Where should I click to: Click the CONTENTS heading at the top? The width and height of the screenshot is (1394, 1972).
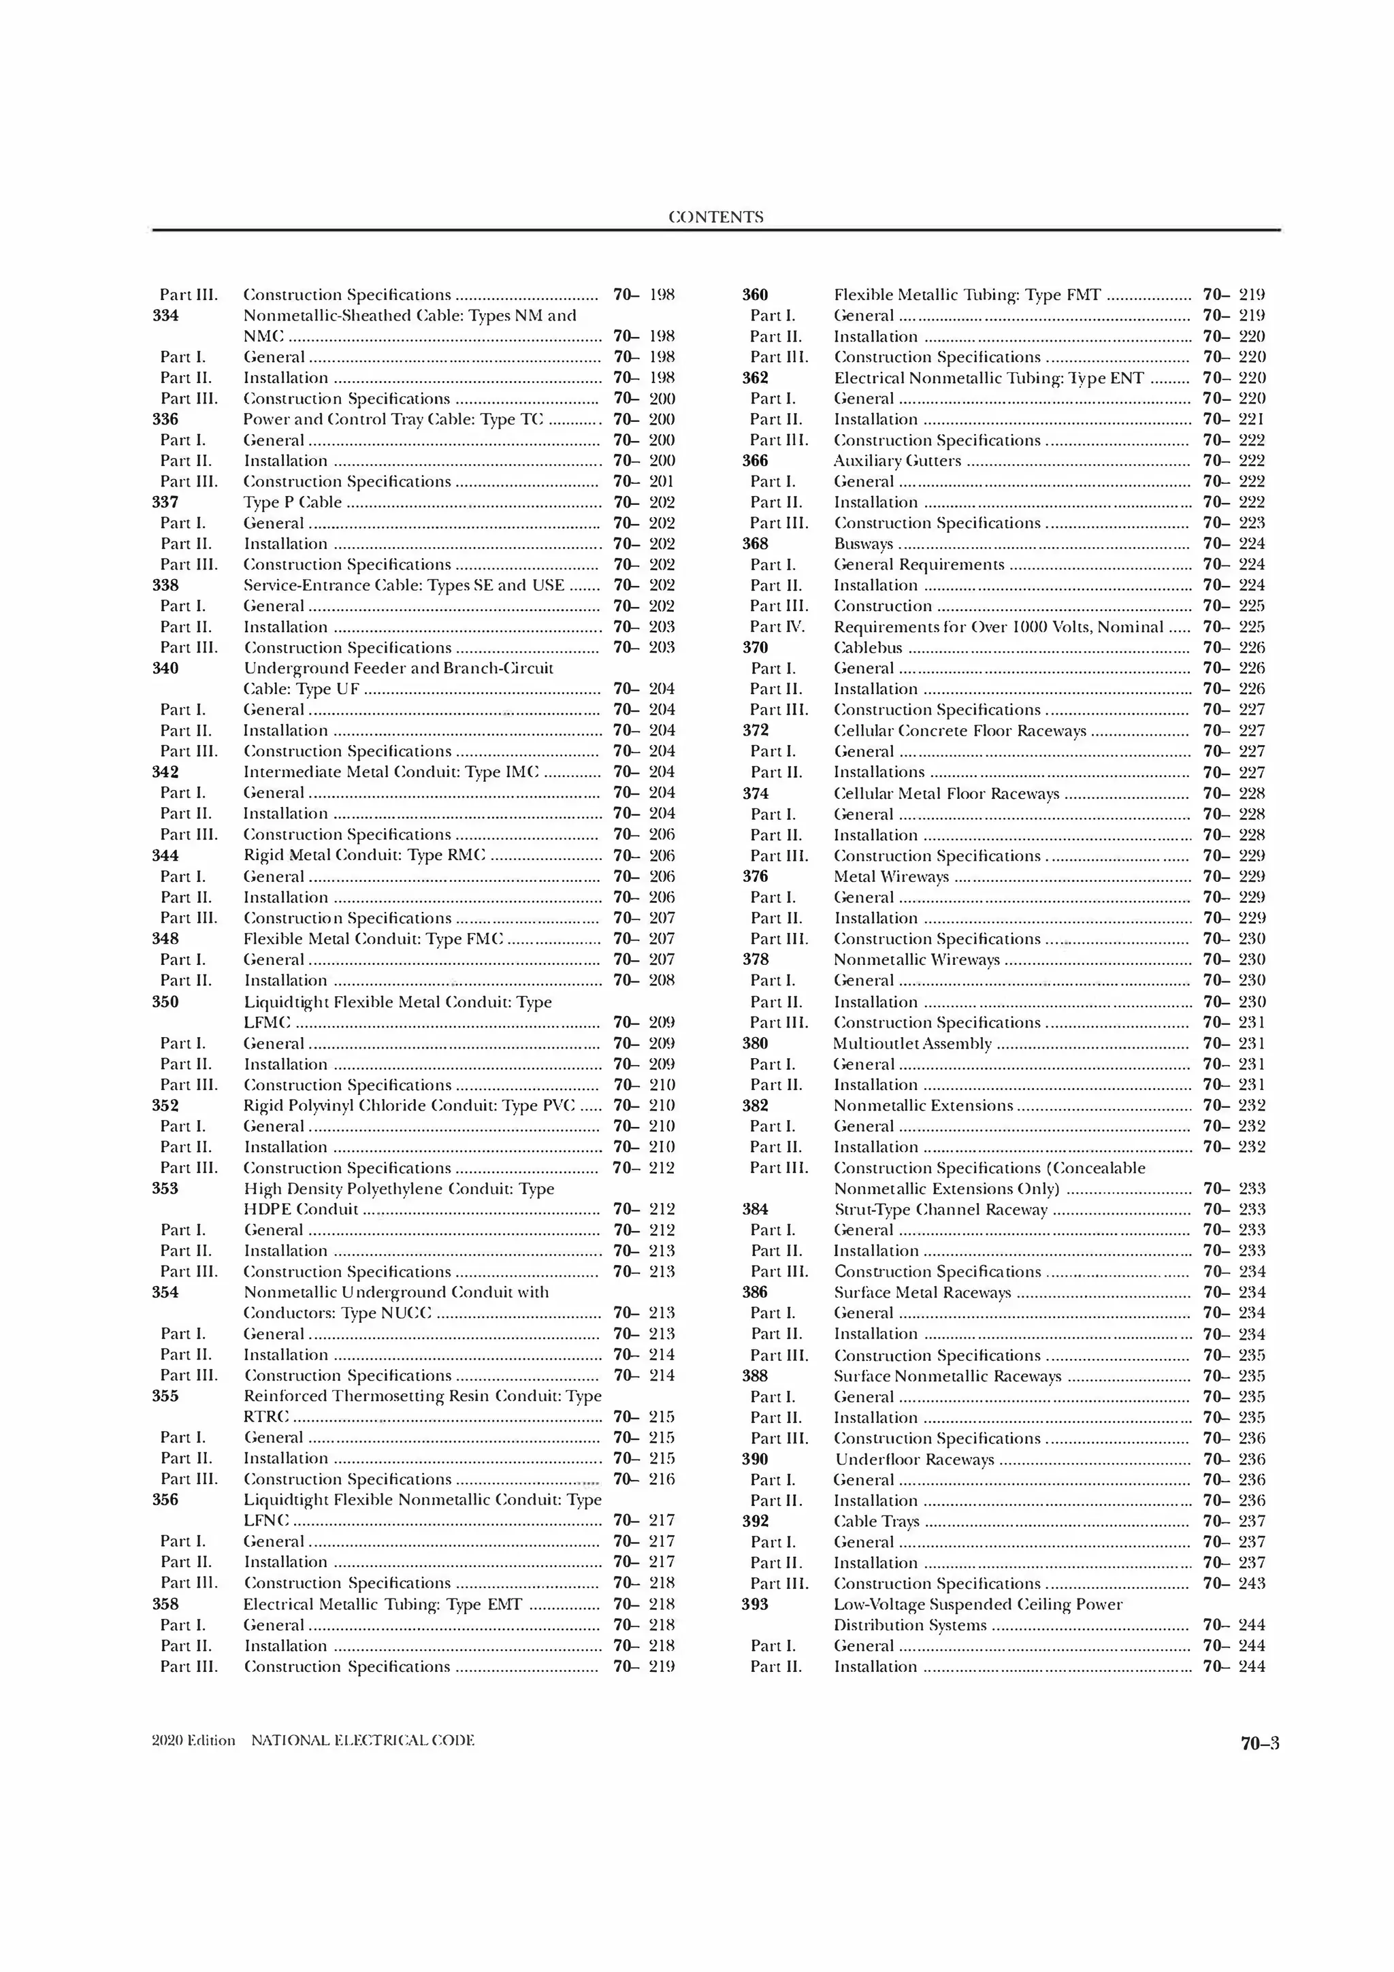point(715,217)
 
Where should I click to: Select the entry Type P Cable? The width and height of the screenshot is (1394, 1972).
point(292,502)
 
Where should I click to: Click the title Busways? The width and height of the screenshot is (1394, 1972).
point(862,544)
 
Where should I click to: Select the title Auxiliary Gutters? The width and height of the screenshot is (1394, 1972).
point(896,461)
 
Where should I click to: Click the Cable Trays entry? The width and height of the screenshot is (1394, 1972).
point(876,1521)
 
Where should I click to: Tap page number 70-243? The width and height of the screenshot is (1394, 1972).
point(1233,1583)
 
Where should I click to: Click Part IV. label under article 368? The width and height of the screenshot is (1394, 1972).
point(777,627)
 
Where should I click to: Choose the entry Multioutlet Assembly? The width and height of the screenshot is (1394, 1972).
point(912,1044)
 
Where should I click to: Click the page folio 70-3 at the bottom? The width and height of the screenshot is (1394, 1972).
point(1259,1743)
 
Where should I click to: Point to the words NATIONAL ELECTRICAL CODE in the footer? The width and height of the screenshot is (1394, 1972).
point(363,1740)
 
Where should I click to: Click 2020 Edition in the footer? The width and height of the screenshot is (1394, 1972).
point(193,1740)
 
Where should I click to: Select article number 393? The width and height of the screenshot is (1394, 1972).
point(754,1604)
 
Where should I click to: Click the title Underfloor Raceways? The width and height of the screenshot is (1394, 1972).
point(914,1459)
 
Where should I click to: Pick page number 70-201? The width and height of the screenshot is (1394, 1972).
point(644,482)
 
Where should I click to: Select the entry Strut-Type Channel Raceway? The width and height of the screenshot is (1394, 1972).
point(941,1209)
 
